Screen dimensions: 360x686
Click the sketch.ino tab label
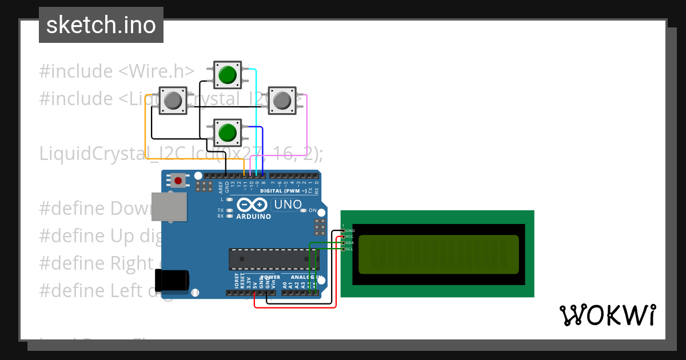point(101,25)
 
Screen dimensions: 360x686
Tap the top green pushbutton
point(228,75)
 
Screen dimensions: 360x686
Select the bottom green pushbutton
point(228,132)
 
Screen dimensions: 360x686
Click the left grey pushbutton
point(172,101)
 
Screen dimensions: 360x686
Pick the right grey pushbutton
point(282,101)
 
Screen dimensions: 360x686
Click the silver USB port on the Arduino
point(169,206)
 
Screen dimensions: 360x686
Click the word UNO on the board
point(288,205)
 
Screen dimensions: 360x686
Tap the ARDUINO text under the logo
point(253,217)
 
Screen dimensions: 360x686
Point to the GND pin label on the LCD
point(350,230)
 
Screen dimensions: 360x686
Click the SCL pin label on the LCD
point(350,249)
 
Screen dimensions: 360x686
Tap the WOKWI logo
point(607,315)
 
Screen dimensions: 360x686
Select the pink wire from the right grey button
point(308,126)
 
